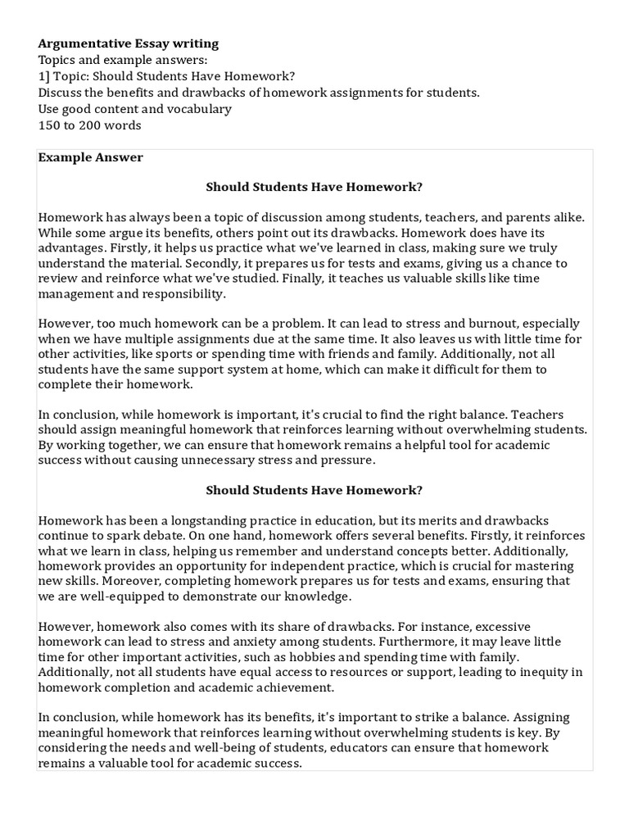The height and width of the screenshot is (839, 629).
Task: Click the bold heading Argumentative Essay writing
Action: (x=129, y=43)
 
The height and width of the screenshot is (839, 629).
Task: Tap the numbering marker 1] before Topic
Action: (x=45, y=76)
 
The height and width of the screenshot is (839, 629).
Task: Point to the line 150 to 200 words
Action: (x=89, y=125)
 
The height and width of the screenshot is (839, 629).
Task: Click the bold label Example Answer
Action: (x=91, y=157)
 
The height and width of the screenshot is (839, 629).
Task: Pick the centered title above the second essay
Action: (x=314, y=490)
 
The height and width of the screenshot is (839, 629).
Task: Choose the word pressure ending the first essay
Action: (x=350, y=460)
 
